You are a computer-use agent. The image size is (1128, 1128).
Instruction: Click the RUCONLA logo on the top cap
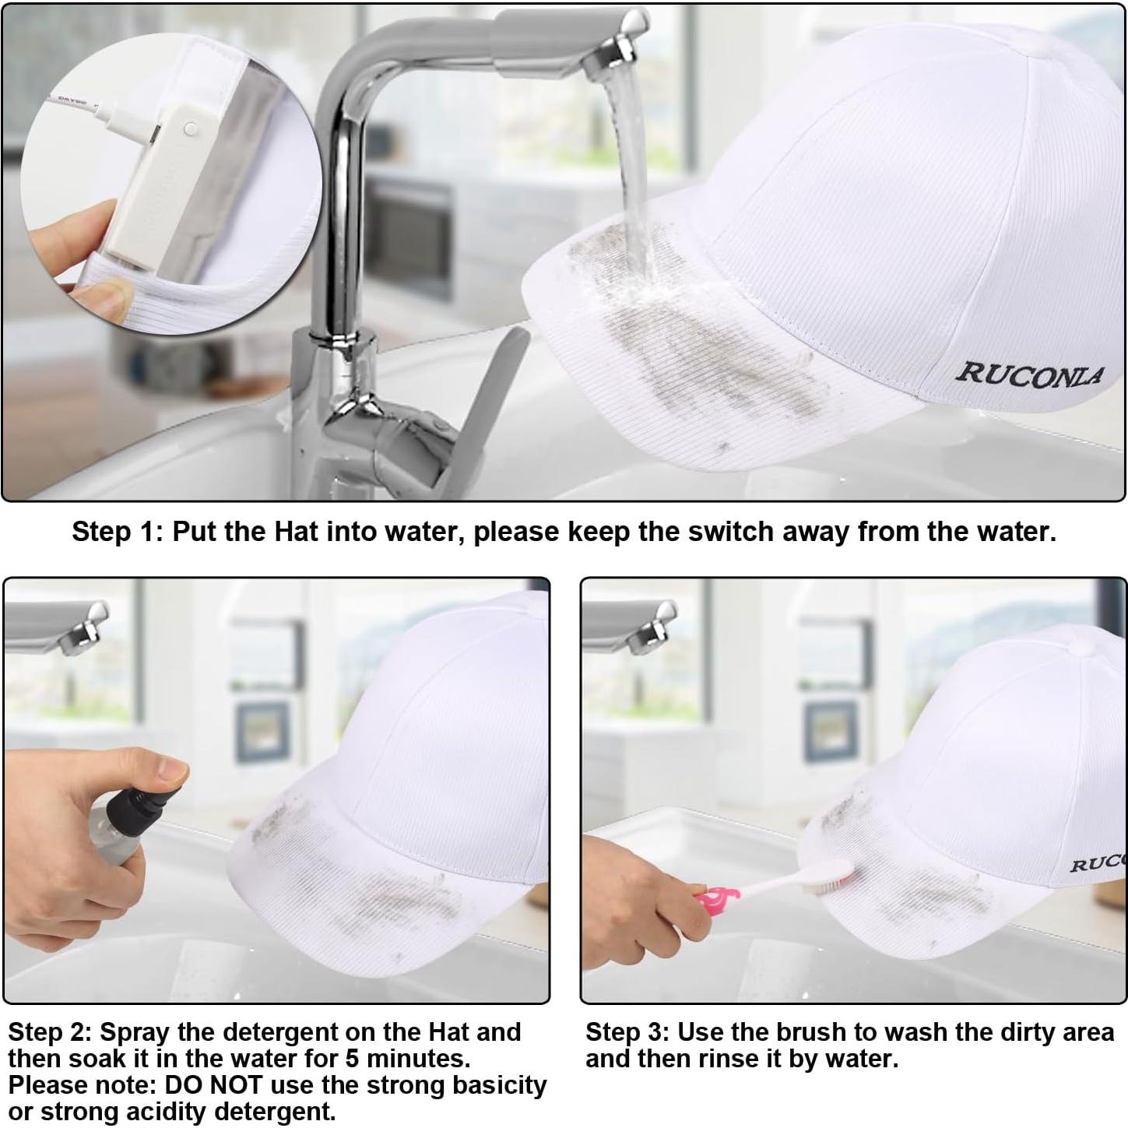(1029, 376)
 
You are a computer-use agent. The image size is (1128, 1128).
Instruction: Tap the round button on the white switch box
(190, 128)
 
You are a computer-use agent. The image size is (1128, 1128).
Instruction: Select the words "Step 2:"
(51, 1032)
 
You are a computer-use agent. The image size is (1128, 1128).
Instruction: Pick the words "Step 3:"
(627, 1032)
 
